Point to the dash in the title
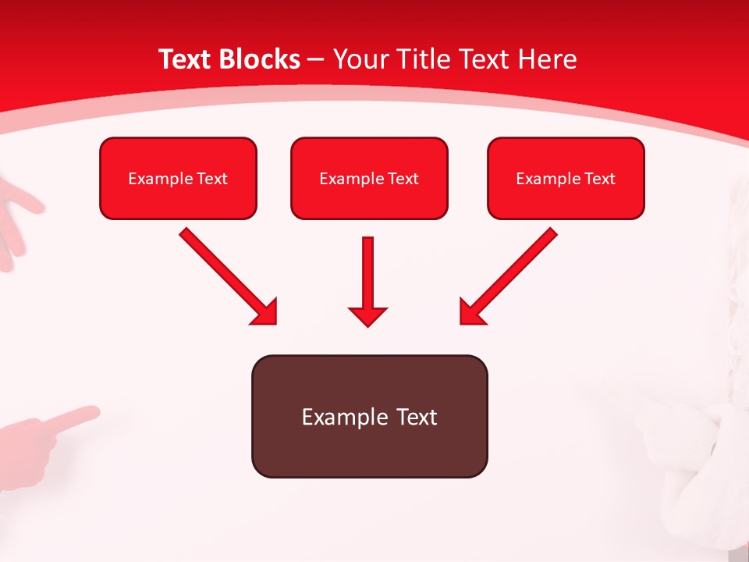tap(316, 60)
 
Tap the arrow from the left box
tap(226, 273)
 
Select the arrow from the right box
tap(511, 273)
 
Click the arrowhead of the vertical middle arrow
tap(368, 316)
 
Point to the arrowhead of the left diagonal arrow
tap(265, 311)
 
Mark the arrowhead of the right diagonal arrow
tap(471, 311)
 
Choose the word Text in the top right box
tap(600, 179)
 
